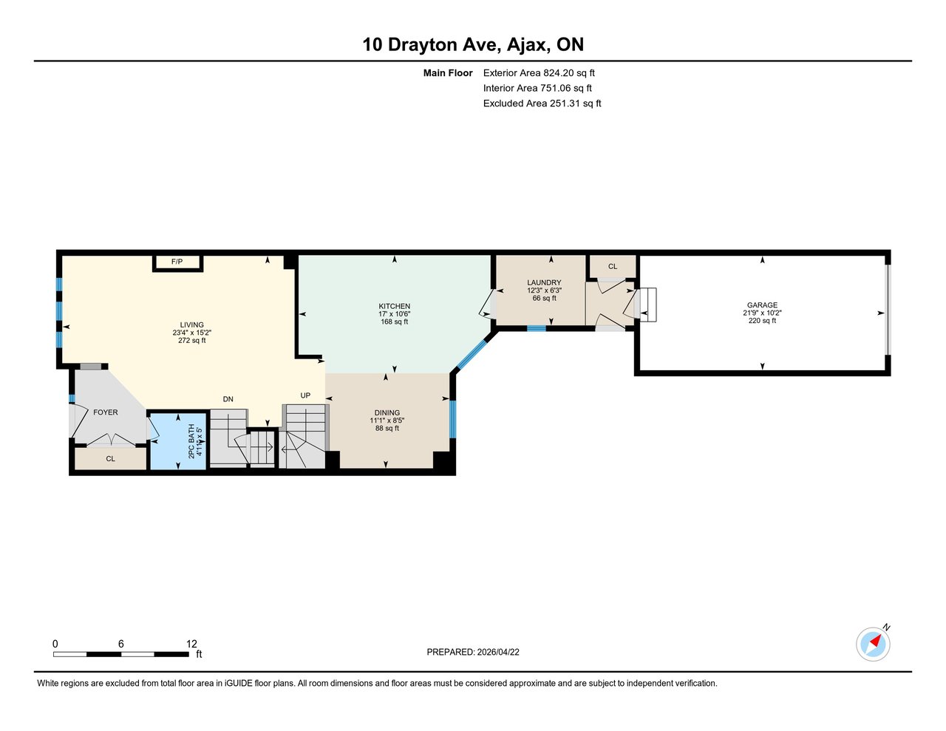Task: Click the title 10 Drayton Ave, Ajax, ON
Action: point(472,44)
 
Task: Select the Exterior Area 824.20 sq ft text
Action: point(539,73)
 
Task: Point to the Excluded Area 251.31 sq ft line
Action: point(542,103)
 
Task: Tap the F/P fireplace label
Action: point(177,262)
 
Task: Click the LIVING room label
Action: point(191,325)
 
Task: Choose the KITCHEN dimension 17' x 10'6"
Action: point(394,314)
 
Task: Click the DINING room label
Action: point(387,413)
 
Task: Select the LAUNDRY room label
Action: point(544,283)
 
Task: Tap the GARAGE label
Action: point(762,305)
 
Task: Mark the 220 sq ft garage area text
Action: point(762,321)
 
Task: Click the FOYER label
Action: point(106,412)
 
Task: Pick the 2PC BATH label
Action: point(191,441)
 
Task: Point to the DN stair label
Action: point(228,399)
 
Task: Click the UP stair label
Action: point(305,395)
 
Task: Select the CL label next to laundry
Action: point(613,267)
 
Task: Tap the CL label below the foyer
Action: point(110,459)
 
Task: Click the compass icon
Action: point(873,644)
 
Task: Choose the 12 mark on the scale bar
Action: point(191,645)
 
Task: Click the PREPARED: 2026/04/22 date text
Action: point(472,652)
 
